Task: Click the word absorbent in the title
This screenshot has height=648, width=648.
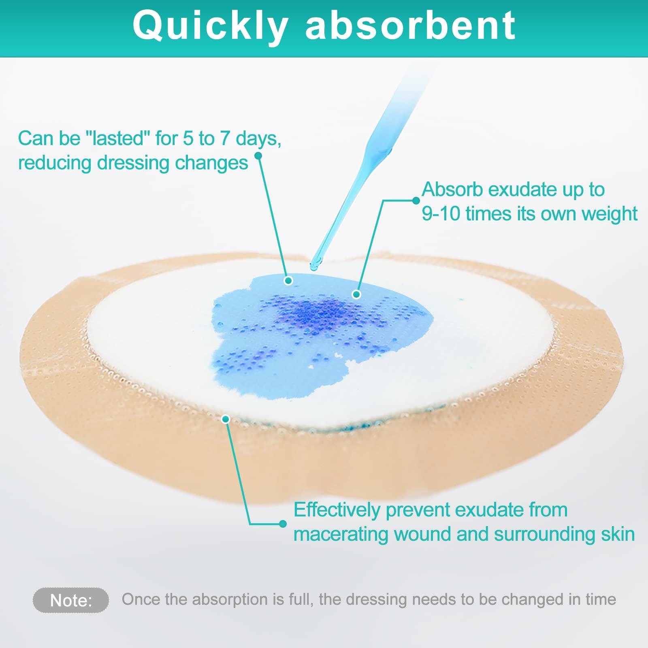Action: click(411, 26)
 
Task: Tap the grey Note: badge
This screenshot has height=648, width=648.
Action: click(71, 600)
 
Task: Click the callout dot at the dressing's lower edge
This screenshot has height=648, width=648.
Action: click(226, 419)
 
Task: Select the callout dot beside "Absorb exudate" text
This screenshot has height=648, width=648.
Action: click(416, 200)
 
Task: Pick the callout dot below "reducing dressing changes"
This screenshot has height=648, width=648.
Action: click(258, 156)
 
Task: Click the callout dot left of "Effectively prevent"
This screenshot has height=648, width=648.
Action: click(283, 524)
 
